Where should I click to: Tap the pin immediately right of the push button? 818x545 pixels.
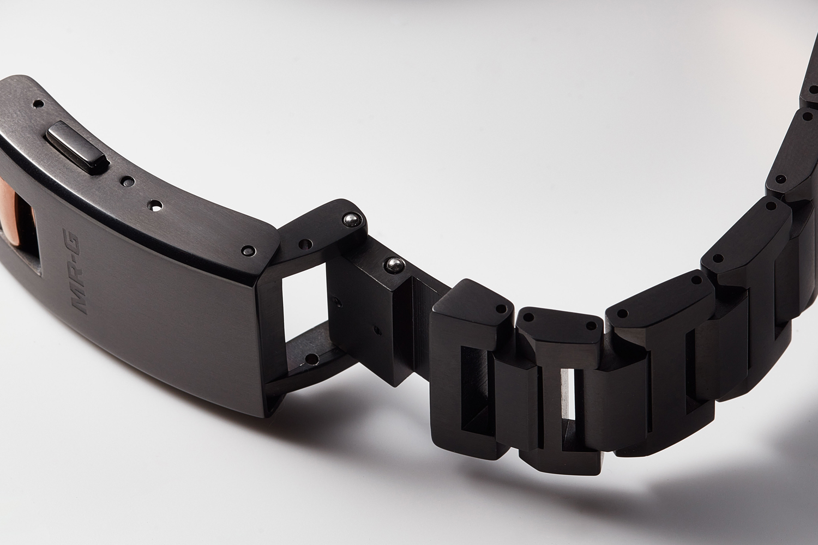coord(128,181)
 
